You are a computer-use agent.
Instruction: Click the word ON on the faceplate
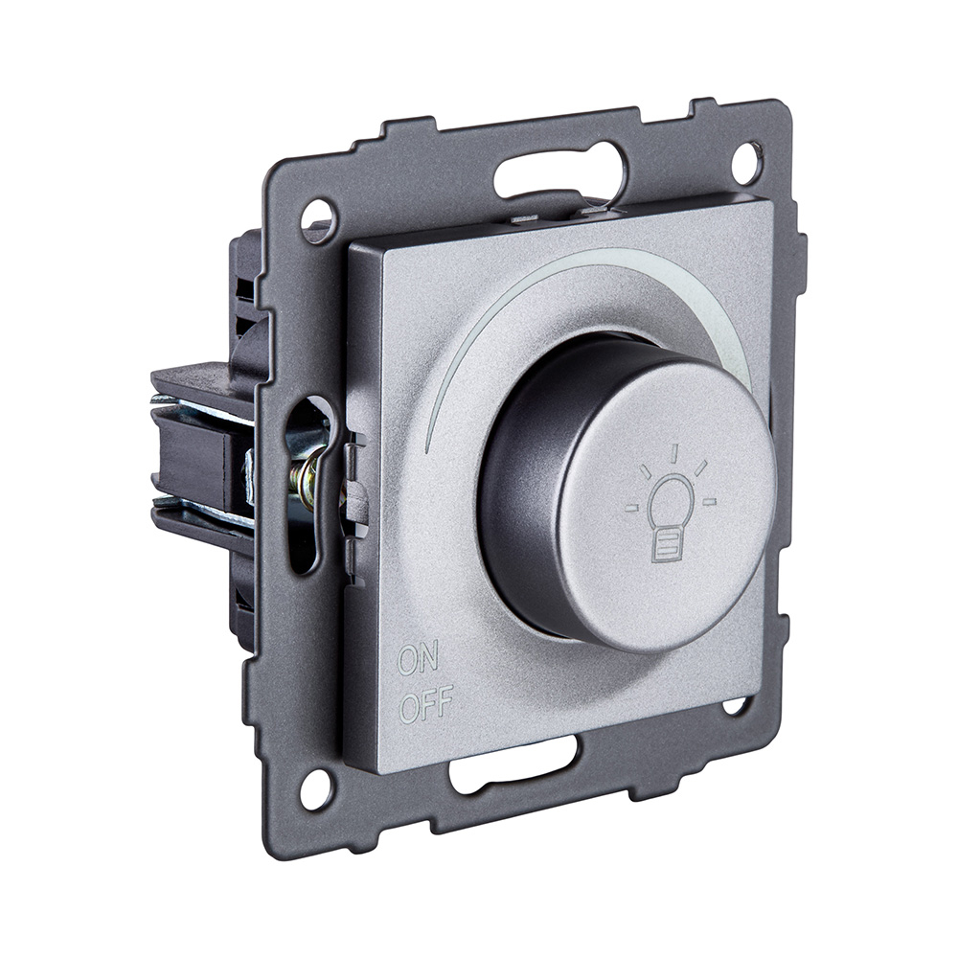[x=418, y=659]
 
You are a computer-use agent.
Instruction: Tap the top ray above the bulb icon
[x=673, y=452]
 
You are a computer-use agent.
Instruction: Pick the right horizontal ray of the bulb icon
[x=709, y=501]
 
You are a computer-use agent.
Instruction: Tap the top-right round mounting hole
[x=746, y=161]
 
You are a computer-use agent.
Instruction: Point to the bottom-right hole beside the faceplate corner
[x=735, y=706]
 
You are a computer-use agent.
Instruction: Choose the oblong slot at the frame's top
[x=559, y=172]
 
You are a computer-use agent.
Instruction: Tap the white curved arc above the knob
[x=536, y=287]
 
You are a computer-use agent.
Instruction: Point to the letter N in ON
[x=430, y=658]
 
